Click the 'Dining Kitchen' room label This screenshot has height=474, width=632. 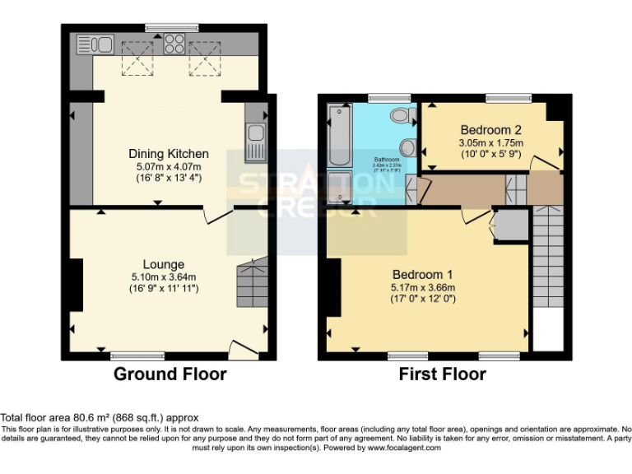tap(168, 154)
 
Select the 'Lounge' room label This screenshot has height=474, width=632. tap(164, 264)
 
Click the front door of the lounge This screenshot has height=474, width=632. tap(244, 349)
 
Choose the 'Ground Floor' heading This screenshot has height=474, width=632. tap(170, 374)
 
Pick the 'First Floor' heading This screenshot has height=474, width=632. tap(442, 374)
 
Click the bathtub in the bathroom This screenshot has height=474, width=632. tap(338, 135)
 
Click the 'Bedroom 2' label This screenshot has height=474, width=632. tap(490, 129)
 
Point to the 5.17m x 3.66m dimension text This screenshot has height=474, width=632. tap(422, 287)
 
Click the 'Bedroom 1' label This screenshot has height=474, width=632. tap(422, 274)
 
